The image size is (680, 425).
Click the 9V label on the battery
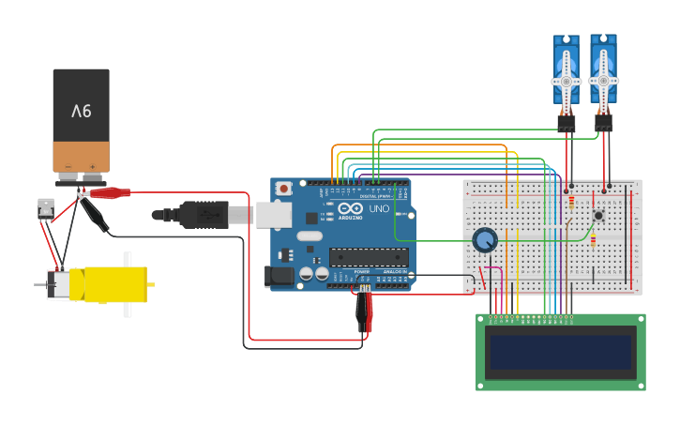[x=82, y=111]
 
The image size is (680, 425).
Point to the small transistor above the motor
[x=45, y=207]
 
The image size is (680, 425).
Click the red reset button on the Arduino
[x=283, y=189]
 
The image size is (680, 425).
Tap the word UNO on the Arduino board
[x=379, y=209]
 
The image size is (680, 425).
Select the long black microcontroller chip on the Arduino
[x=368, y=256]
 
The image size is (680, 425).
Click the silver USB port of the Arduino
[x=274, y=215]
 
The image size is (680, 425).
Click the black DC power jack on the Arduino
[x=279, y=276]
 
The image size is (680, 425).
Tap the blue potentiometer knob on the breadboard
[x=485, y=240]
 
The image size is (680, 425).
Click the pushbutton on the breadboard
[x=598, y=215]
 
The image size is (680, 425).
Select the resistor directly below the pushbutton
[x=593, y=240]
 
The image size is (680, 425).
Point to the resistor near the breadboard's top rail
[x=571, y=201]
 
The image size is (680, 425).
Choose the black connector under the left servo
[x=566, y=122]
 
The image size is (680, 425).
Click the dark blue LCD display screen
[x=560, y=352]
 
